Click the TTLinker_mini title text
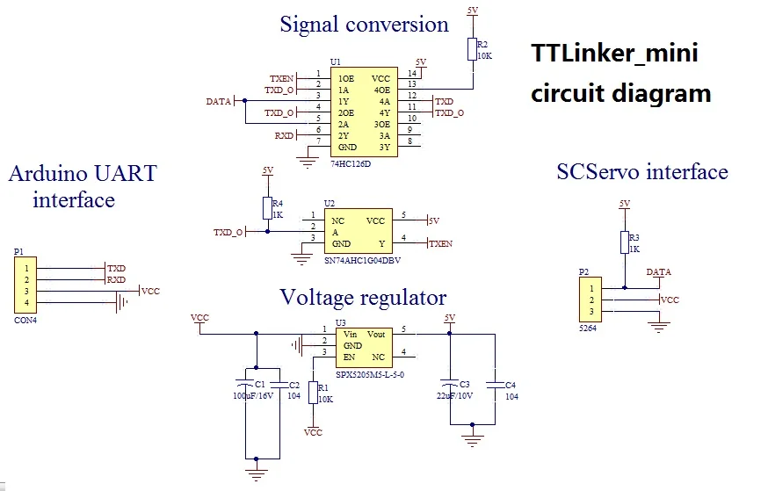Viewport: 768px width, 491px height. (x=614, y=53)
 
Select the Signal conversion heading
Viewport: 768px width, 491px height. (x=364, y=24)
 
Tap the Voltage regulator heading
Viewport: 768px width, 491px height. (x=363, y=297)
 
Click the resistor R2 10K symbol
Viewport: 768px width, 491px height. (x=472, y=48)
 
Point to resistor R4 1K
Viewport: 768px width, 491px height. (x=267, y=208)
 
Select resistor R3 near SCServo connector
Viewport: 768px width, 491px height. (x=625, y=242)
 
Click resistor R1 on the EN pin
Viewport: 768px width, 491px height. (x=313, y=393)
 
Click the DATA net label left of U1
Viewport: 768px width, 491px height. (x=218, y=101)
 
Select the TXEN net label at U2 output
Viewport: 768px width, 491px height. (x=441, y=243)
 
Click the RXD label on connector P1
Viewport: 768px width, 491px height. (x=116, y=280)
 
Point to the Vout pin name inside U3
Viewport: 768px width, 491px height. (x=375, y=335)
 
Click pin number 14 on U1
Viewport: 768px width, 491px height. (x=412, y=73)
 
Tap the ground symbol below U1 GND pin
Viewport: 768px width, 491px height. (x=307, y=159)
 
